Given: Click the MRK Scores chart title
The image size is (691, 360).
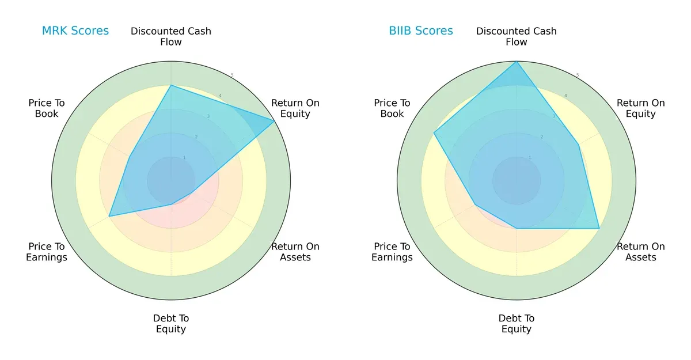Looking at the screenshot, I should pos(75,31).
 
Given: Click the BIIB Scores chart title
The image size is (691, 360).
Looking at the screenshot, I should pos(421,31).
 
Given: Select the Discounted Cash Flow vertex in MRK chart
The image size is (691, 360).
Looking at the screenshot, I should pos(171,85).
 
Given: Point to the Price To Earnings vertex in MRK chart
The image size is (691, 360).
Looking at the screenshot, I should pos(109,217).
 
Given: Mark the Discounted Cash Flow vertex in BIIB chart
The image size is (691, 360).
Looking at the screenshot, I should pos(517,62).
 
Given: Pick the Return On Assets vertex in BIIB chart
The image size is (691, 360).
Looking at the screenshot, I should pos(599,228).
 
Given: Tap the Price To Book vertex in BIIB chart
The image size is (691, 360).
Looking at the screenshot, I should pos(434,133).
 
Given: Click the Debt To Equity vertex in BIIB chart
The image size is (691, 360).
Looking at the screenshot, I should pos(517,228).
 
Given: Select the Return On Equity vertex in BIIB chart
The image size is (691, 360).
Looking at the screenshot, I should pos(579,145).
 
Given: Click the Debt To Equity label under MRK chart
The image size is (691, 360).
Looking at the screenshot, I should pos(171,324).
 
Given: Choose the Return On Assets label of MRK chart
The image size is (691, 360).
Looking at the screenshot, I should pos(295,252).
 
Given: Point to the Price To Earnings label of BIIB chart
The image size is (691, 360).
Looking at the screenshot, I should pos(392,252).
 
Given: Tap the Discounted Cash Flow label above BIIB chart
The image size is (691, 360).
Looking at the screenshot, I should pos(517,36).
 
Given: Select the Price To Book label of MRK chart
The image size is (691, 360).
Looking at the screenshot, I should pos(47,108).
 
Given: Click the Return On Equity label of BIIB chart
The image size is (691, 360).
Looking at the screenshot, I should pos(641,108).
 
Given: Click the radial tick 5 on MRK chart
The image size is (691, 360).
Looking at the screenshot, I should pos(232,75).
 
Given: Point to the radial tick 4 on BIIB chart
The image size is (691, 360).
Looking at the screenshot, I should pos(565,96).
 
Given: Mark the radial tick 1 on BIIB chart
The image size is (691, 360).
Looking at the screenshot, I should pos(530,157).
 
